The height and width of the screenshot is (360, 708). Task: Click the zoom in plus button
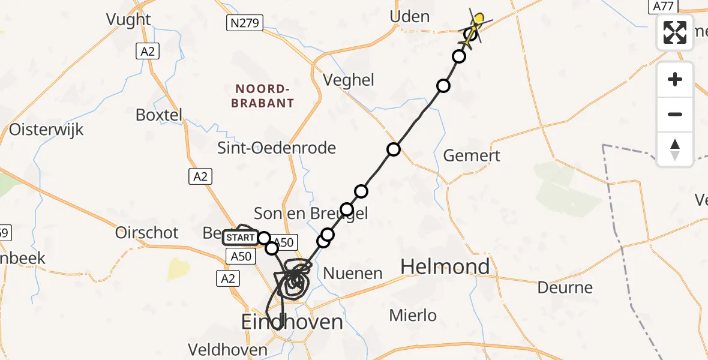675,79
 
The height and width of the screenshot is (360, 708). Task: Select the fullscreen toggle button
675,32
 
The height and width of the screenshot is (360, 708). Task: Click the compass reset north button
675,149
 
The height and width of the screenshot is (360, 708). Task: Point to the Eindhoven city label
292,322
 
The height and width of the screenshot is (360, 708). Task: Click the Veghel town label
349,80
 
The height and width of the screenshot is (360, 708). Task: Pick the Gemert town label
472,155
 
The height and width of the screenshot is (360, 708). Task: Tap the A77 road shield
663,6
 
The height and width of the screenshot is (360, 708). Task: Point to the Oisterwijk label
46,130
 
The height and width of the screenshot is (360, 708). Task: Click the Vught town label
128,19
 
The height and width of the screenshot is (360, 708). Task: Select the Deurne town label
565,287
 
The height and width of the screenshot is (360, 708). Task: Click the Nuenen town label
353,274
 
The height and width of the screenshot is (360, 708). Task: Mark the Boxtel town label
159,115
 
